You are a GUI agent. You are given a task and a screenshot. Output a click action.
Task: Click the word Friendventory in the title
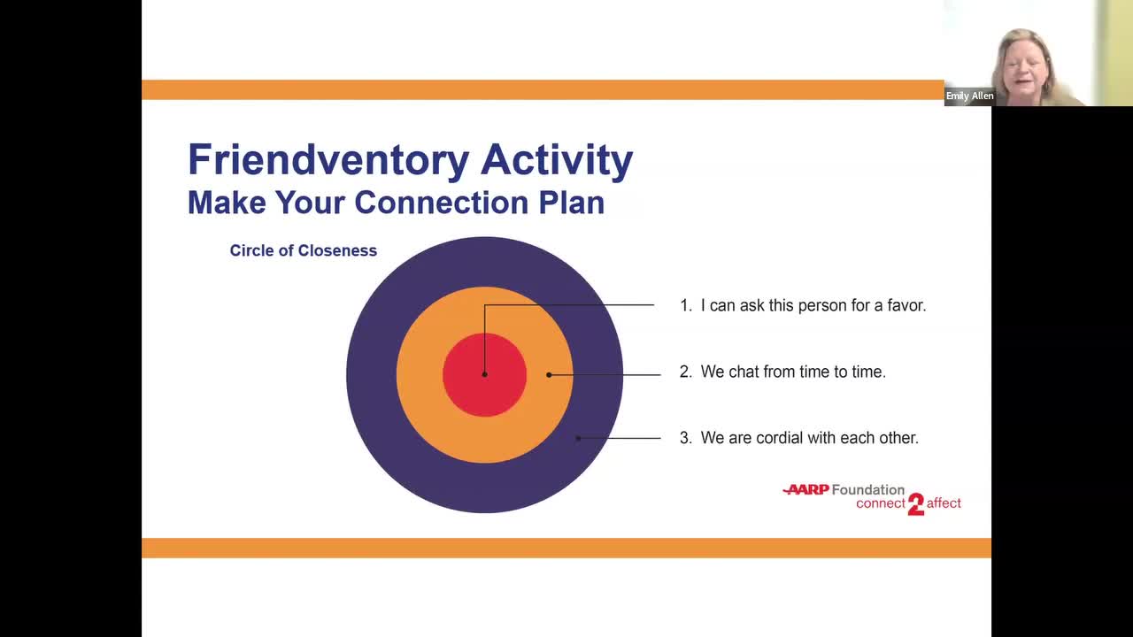[x=328, y=161]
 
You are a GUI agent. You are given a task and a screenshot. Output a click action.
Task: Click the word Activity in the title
[x=557, y=161]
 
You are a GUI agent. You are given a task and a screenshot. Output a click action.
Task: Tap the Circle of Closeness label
[x=303, y=250]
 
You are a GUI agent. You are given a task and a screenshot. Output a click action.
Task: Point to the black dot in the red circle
[x=484, y=374]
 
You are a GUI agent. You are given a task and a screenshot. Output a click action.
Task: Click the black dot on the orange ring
[x=549, y=374]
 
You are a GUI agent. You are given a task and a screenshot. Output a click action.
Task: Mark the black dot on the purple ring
[x=578, y=438]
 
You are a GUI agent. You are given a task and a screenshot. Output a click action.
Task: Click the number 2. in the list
[x=685, y=372]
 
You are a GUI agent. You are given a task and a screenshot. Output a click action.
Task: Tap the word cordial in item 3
[x=781, y=438]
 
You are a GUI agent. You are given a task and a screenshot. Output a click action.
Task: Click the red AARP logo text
[x=806, y=489]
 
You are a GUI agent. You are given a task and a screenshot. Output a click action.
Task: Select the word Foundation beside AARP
[x=868, y=489]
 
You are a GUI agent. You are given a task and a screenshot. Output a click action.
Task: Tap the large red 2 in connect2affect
[x=916, y=504]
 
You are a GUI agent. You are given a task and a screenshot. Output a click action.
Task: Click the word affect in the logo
[x=944, y=503]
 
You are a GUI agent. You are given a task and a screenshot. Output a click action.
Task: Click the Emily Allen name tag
[x=969, y=96]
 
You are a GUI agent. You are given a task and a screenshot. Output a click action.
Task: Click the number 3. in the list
[x=685, y=438]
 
